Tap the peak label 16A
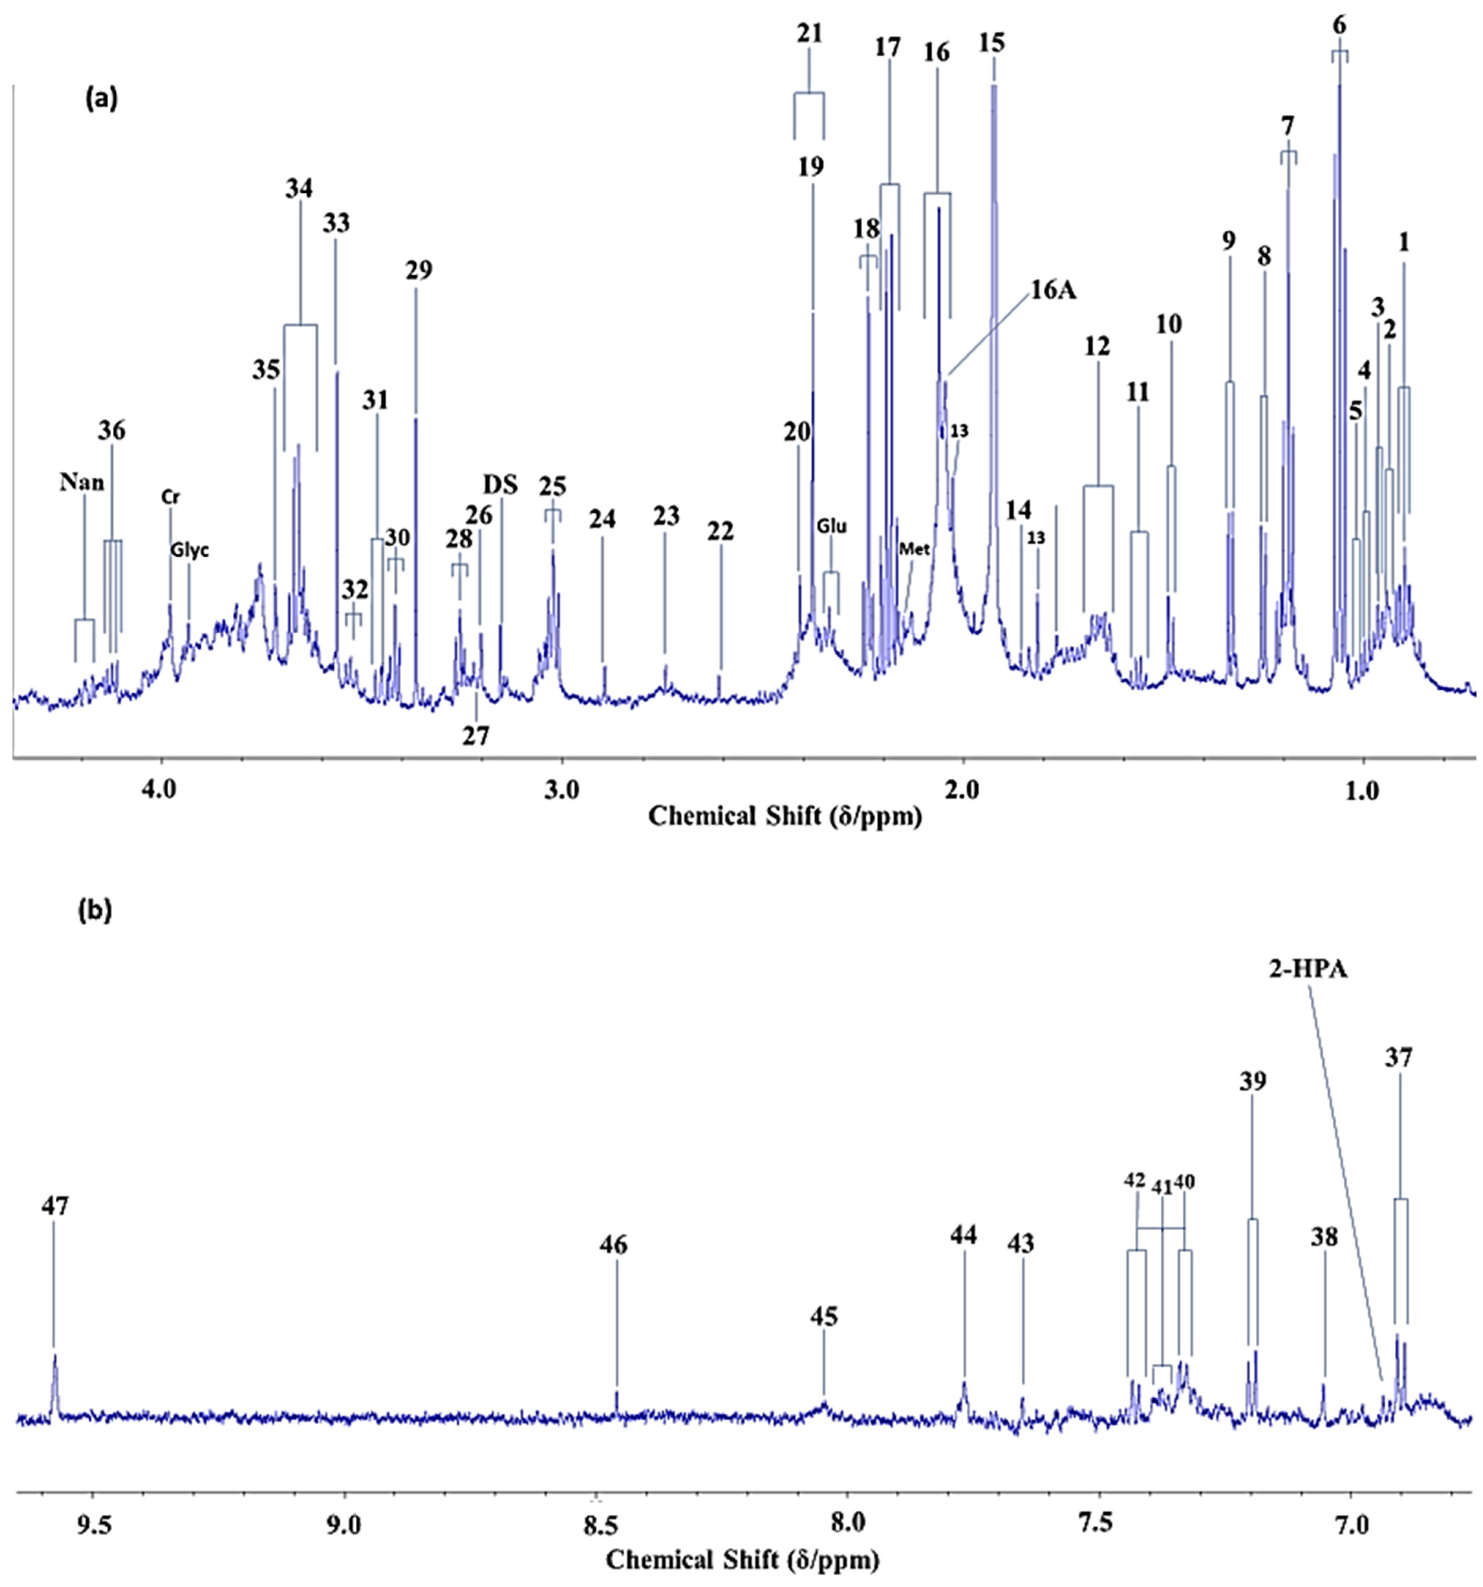tap(1053, 291)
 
